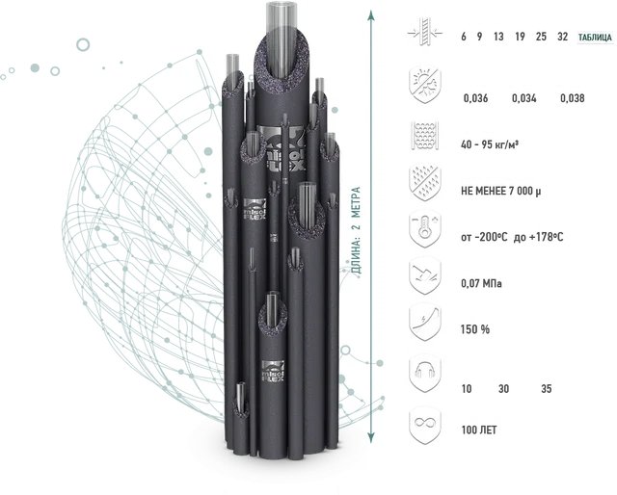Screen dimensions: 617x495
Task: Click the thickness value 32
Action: point(563,37)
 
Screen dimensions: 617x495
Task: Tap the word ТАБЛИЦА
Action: point(595,38)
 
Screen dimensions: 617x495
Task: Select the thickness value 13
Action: point(498,37)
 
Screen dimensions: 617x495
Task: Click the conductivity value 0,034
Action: point(524,98)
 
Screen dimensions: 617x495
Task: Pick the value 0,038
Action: point(573,98)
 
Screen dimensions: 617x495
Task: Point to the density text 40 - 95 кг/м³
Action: point(489,144)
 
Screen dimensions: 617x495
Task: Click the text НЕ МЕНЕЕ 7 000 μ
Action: point(501,191)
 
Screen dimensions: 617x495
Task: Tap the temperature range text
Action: point(512,237)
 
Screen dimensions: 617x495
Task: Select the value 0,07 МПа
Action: point(481,283)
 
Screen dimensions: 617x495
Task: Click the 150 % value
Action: point(475,329)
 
